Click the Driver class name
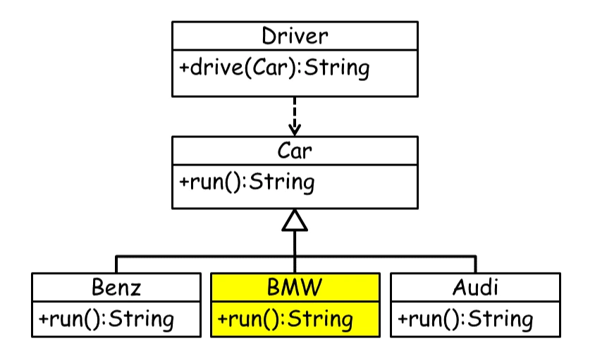[x=295, y=35]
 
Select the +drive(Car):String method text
[x=274, y=68]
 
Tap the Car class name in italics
[x=295, y=150]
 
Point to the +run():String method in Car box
[x=246, y=182]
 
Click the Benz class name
[x=116, y=287]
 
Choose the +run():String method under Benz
[x=106, y=318]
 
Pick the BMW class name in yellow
[x=295, y=287]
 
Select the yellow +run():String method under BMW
[x=285, y=318]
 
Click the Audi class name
[x=475, y=287]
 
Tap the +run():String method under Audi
[x=465, y=318]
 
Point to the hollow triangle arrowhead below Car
[x=295, y=221]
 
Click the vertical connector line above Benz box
[x=116, y=264]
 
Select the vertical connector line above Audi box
[x=475, y=264]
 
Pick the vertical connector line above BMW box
[x=295, y=254]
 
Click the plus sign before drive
[x=185, y=69]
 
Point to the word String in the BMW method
[x=324, y=318]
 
